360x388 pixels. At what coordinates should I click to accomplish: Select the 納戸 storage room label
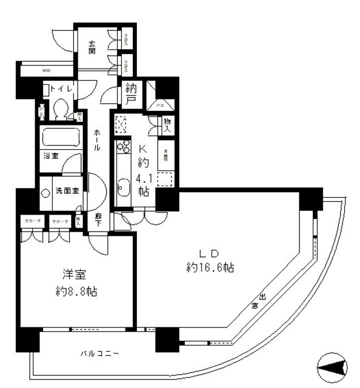[131, 94]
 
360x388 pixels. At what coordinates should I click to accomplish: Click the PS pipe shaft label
[160, 105]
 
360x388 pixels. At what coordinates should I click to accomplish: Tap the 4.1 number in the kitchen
[143, 178]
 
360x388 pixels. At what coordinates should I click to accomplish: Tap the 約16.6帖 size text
[212, 267]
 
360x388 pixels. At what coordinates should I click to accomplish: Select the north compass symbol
[332, 366]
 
